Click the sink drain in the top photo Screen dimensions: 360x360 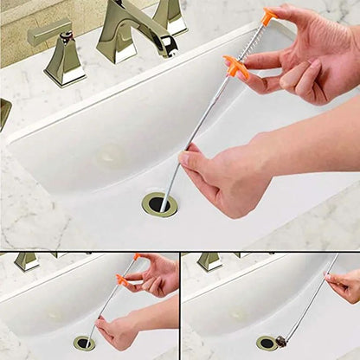click(159, 204)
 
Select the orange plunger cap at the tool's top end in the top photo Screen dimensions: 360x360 click(269, 16)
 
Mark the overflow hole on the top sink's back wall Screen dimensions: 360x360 click(110, 157)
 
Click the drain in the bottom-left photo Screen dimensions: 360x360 click(84, 343)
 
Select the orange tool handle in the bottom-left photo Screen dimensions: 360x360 click(124, 279)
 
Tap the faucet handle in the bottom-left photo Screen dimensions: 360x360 click(26, 260)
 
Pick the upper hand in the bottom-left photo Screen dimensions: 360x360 click(158, 275)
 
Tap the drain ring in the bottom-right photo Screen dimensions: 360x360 click(267, 343)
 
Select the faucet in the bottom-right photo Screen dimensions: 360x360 click(209, 260)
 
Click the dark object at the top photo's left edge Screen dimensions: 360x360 click(4, 113)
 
